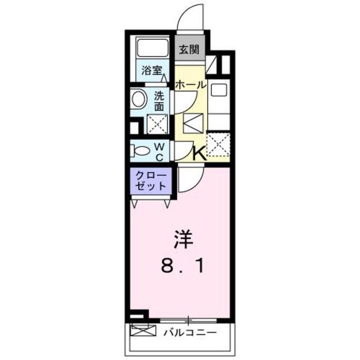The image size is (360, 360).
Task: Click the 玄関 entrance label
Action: pyautogui.click(x=189, y=49)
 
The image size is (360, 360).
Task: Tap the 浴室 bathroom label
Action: pyautogui.click(x=151, y=72)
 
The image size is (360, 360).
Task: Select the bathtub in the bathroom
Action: pyautogui.click(x=153, y=49)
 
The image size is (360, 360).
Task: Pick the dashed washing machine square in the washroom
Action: pyautogui.click(x=158, y=124)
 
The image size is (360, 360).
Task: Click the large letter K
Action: pyautogui.click(x=200, y=153)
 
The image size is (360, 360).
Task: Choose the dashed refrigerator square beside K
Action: pyautogui.click(x=218, y=143)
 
